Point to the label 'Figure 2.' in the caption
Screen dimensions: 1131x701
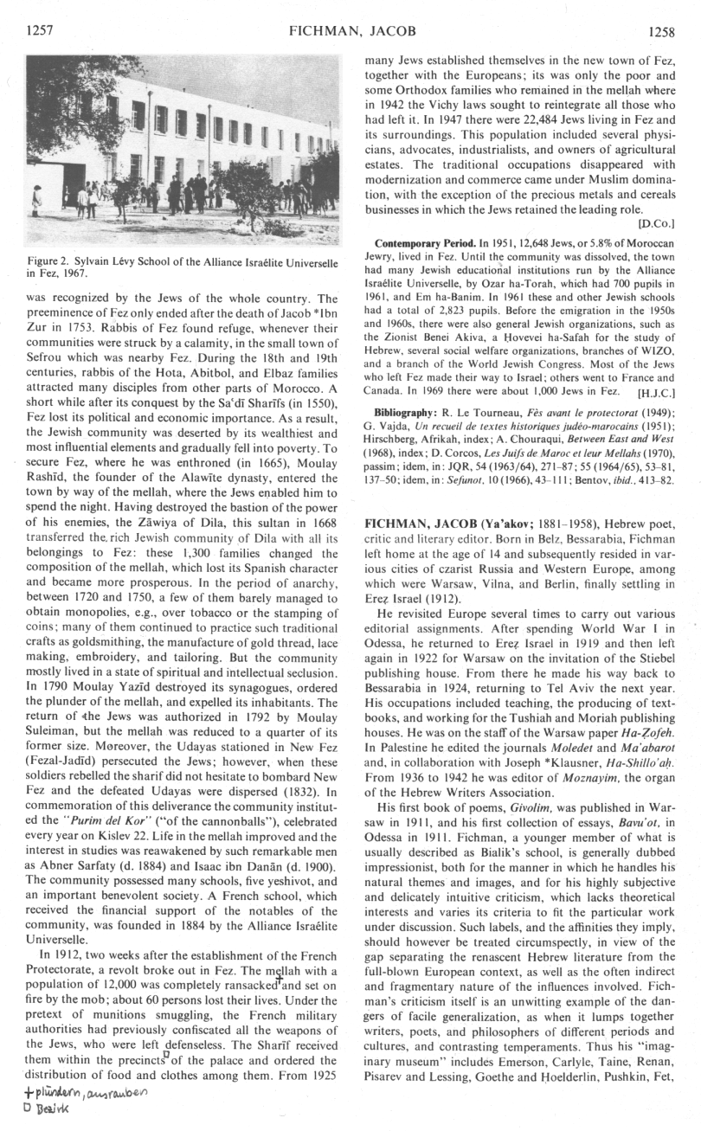coord(55,262)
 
